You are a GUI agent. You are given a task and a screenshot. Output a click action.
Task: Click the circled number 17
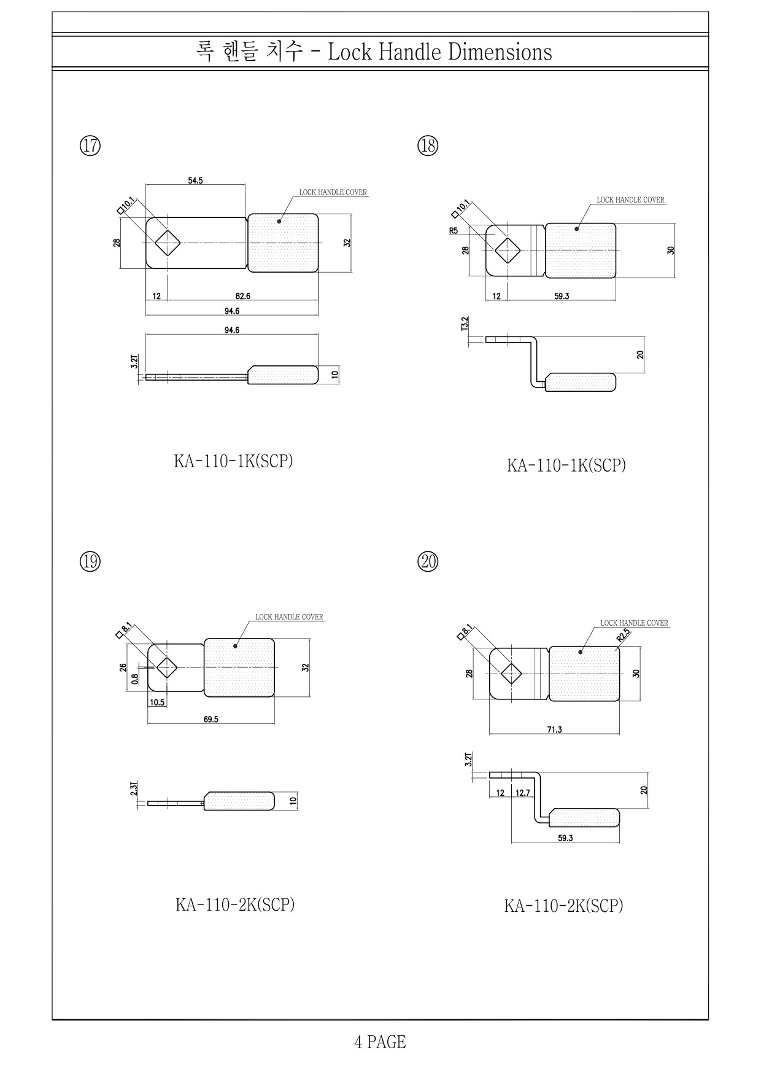pyautogui.click(x=90, y=146)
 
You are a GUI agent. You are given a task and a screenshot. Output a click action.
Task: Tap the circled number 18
pyautogui.click(x=428, y=146)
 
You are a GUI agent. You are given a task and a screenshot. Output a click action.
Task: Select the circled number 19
pyautogui.click(x=90, y=561)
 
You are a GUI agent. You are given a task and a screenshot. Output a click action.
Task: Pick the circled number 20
pyautogui.click(x=428, y=561)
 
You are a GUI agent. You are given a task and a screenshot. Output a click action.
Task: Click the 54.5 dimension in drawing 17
pyautogui.click(x=195, y=181)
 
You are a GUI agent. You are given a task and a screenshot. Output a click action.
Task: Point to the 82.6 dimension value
pyautogui.click(x=242, y=296)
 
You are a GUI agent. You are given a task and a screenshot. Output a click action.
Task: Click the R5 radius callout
pyautogui.click(x=454, y=231)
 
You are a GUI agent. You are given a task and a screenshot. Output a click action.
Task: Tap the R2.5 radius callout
pyautogui.click(x=624, y=635)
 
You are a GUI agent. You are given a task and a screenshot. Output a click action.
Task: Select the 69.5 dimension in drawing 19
pyautogui.click(x=211, y=719)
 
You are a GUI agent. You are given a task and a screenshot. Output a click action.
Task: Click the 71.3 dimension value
pyautogui.click(x=554, y=729)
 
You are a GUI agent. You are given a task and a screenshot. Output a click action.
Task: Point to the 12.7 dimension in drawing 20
pyautogui.click(x=522, y=793)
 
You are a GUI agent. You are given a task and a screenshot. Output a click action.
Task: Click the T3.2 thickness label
pyautogui.click(x=465, y=324)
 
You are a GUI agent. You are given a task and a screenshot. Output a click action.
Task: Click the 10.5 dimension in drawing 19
pyautogui.click(x=157, y=702)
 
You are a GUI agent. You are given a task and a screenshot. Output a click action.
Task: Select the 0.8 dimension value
pyautogui.click(x=135, y=679)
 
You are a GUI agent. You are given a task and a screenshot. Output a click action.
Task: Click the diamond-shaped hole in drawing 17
pyautogui.click(x=167, y=243)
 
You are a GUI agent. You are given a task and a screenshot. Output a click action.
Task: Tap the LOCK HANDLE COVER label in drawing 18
pyautogui.click(x=631, y=200)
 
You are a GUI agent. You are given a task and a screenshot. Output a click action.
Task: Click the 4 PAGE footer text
pyautogui.click(x=380, y=1042)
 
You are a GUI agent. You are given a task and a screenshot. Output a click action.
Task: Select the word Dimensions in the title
pyautogui.click(x=500, y=52)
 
